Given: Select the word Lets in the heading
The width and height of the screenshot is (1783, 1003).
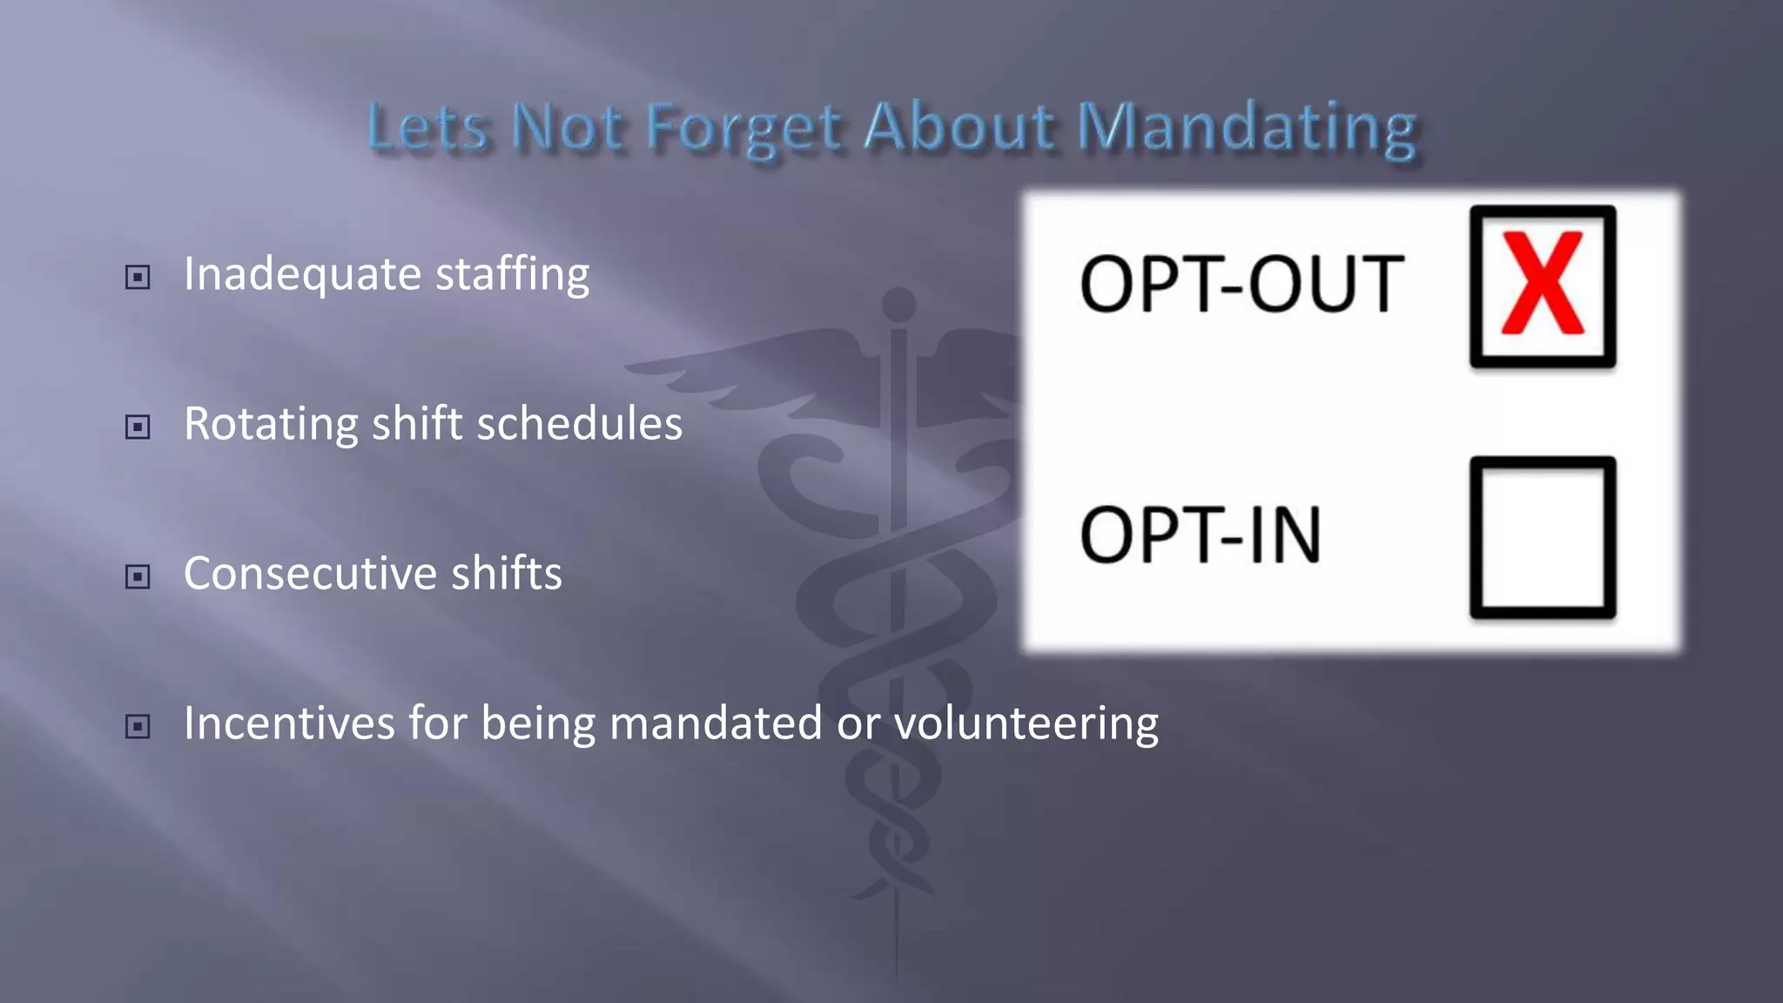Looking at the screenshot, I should tap(427, 127).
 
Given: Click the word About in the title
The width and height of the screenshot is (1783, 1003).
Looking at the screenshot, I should tap(959, 127).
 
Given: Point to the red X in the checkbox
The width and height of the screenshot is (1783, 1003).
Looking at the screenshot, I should tap(1542, 284).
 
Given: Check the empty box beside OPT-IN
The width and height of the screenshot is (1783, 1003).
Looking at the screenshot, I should tap(1542, 536).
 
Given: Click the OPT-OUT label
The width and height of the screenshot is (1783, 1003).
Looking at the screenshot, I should tap(1241, 284).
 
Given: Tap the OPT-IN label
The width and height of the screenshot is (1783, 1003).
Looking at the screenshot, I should tap(1201, 535).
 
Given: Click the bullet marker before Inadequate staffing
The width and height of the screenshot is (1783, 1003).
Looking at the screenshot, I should tap(138, 277).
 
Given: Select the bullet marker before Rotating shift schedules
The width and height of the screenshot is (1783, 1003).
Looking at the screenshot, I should tap(138, 427).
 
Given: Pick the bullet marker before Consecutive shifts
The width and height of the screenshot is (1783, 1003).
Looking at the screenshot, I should tap(138, 576).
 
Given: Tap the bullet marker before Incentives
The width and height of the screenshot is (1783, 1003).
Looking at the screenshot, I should tap(138, 726).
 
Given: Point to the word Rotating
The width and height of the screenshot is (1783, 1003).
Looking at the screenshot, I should tap(270, 425).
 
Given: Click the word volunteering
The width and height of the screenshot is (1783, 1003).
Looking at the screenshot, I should tap(1026, 724).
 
